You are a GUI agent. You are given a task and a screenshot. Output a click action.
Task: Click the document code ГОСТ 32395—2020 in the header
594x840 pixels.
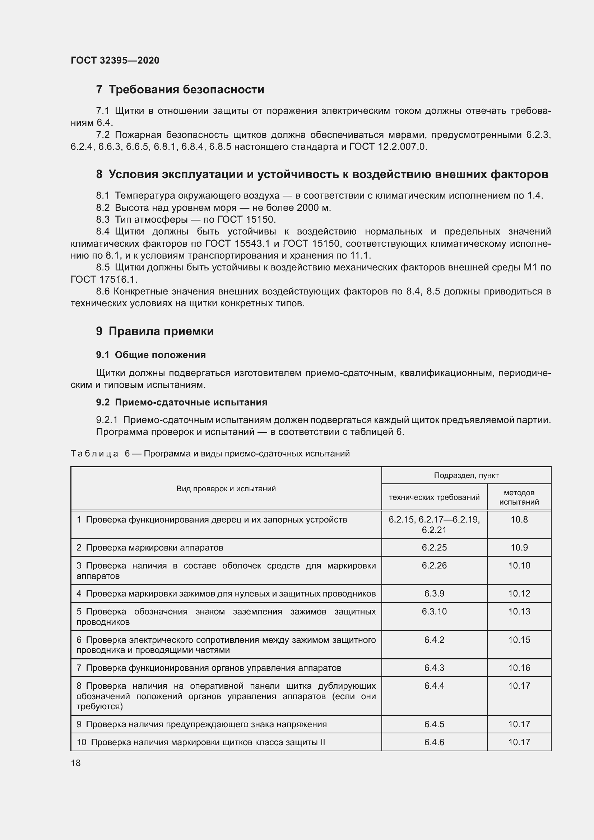(115, 60)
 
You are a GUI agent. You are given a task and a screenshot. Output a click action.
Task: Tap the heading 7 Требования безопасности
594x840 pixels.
(180, 89)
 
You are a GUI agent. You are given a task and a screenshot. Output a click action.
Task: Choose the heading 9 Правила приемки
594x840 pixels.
(155, 331)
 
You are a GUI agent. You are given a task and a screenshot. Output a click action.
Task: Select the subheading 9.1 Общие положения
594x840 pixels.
(151, 355)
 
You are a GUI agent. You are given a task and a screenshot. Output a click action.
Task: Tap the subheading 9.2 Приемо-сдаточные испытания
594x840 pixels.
(181, 402)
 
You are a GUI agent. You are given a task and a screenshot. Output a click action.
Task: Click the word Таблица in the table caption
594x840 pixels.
(94, 454)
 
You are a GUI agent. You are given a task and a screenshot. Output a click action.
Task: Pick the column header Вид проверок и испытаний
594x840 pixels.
(226, 489)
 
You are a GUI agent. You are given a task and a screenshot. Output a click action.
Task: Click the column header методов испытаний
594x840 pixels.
(519, 497)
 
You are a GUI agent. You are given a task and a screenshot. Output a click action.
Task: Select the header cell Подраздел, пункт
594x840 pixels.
(466, 475)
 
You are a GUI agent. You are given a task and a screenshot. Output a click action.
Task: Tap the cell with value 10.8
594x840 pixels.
(519, 520)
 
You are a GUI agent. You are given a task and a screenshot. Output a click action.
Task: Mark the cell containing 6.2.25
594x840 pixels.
(434, 548)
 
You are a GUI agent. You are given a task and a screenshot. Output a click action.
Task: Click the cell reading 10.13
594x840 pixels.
(519, 611)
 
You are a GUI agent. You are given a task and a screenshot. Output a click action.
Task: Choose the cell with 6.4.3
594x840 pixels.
(434, 668)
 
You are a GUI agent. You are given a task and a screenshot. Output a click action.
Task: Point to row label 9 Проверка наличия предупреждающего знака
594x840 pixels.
(201, 724)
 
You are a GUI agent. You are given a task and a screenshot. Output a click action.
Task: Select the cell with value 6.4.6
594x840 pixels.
(434, 742)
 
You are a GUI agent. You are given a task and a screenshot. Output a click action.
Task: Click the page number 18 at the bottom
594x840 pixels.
(76, 763)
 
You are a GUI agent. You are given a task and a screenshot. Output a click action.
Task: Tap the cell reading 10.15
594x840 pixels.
(519, 640)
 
